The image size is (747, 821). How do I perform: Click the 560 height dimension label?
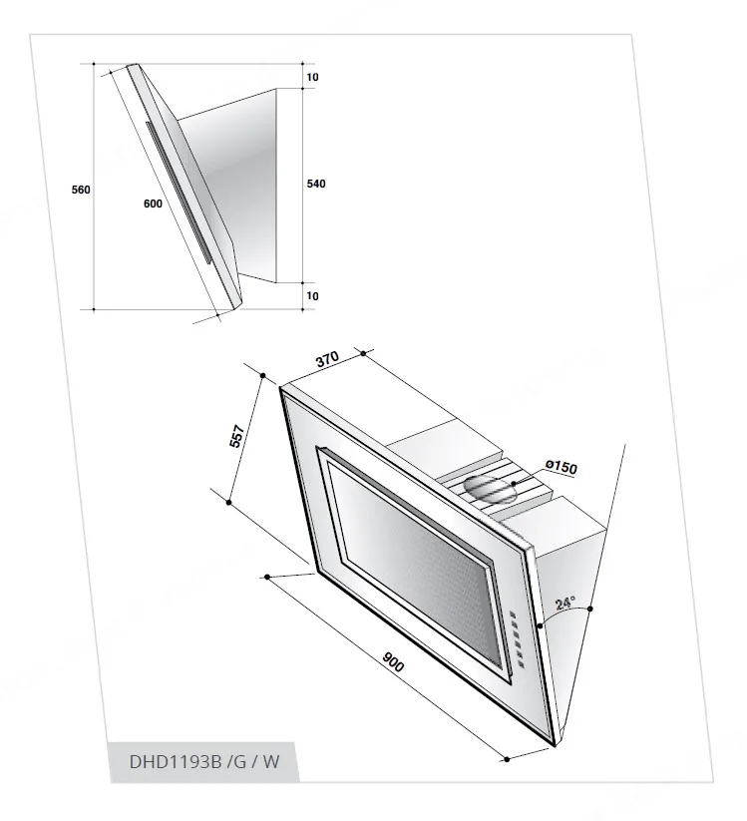coord(81,190)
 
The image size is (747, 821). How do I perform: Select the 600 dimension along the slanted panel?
coord(153,204)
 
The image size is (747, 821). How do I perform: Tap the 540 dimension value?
coord(316,184)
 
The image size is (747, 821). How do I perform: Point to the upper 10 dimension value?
coord(312,78)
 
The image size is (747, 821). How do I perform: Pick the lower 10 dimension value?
coord(312,296)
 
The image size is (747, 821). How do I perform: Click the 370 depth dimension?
coord(328,359)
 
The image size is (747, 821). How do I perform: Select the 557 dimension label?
coord(237,436)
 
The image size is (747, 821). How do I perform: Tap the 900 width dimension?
coord(393,661)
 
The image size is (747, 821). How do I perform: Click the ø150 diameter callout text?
coord(561,466)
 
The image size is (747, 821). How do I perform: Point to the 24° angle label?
coord(565,603)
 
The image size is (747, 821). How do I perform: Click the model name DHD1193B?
coord(176,762)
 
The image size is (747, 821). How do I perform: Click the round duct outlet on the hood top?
coord(491,490)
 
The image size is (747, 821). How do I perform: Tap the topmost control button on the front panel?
coord(513,615)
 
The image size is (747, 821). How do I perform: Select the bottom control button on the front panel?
coord(522,665)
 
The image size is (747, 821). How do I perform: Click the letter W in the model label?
coord(270,762)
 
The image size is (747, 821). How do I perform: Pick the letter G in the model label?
coord(240,762)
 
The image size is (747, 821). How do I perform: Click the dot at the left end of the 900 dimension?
coord(267,577)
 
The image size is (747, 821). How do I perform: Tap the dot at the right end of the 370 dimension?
coord(364,353)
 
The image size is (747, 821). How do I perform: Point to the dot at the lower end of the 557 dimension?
coord(228,503)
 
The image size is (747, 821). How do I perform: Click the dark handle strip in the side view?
coord(179,193)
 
